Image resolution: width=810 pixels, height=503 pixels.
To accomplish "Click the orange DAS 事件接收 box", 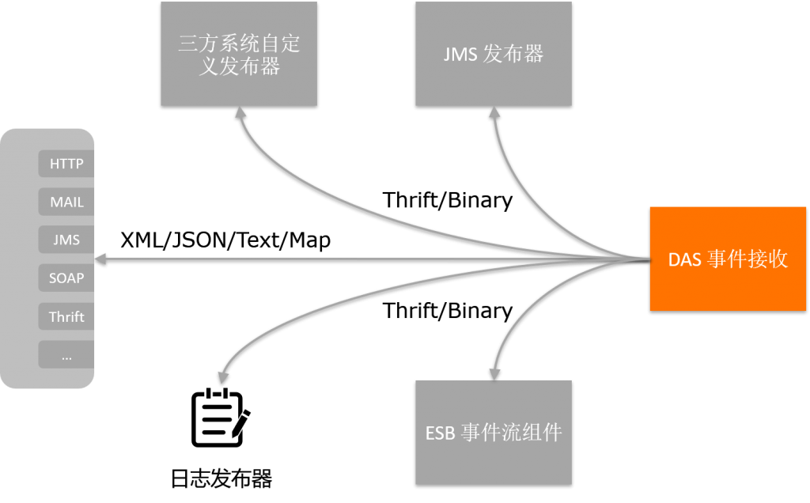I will point(728,259).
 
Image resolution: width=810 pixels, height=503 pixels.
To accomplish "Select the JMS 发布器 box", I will point(494,54).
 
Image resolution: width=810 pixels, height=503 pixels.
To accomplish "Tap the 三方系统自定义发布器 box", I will point(239,54).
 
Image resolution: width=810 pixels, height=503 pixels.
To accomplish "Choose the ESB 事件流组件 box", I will point(494,432).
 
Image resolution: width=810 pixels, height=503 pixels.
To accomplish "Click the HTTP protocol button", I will point(66,165).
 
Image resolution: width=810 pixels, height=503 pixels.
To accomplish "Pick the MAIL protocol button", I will point(66,202).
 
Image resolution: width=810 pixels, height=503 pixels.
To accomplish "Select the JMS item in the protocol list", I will point(66,240).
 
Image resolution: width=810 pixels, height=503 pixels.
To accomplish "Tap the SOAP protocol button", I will point(66,278).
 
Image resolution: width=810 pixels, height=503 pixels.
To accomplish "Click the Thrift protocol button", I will point(66,316).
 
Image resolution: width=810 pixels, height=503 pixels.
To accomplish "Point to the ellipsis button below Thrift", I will point(66,355).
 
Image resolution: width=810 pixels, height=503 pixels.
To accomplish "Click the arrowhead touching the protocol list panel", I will point(100,259).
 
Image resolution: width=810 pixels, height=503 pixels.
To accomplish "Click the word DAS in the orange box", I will point(685,259).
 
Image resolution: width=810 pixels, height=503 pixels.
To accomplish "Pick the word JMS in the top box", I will point(460,55).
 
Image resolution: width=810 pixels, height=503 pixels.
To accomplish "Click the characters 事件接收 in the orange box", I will point(748,259).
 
